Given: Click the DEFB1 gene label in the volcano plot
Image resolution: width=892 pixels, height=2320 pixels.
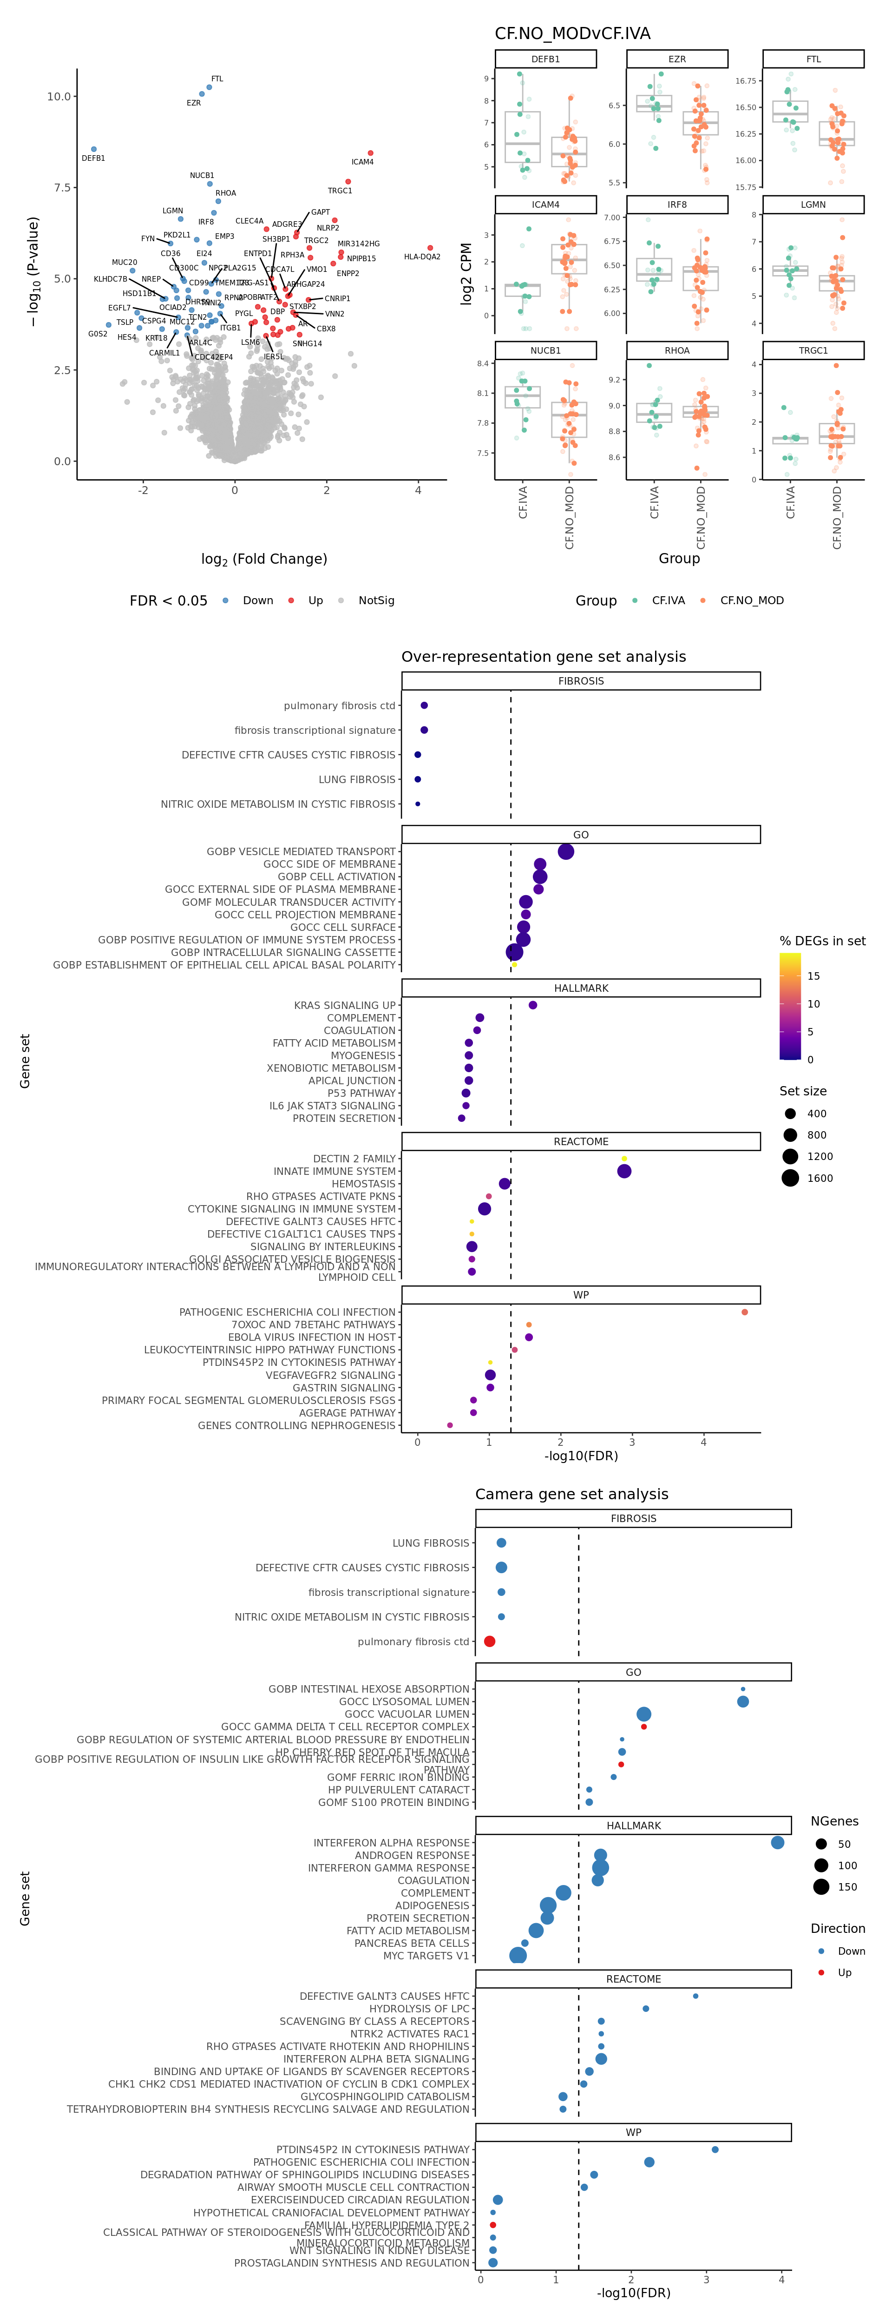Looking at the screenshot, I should (93, 158).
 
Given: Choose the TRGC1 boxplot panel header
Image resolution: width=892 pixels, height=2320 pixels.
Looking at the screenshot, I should (813, 350).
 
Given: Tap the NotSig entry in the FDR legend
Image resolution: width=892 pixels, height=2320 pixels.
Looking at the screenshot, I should (375, 601).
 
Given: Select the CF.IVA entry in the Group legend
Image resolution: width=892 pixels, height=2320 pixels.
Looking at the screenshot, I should (668, 601).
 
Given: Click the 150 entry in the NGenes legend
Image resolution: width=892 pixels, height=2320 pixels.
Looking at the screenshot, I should (846, 1887).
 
